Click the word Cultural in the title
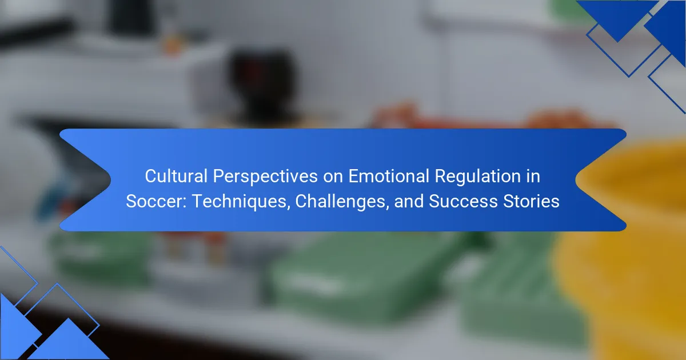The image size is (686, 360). pos(176,176)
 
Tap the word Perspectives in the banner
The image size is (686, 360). pos(265,177)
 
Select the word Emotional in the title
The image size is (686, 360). pos(389,176)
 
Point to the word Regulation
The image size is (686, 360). pos(478,177)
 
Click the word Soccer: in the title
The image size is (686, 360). pos(156,201)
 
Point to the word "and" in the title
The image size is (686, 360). pos(409,201)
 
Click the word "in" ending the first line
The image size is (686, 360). pos(533,176)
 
